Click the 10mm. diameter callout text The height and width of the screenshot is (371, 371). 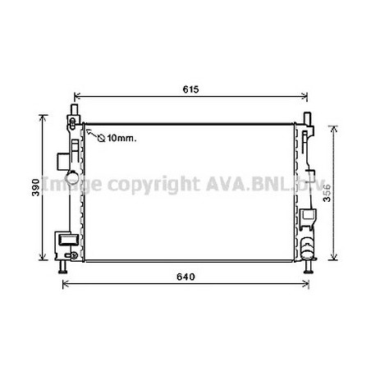pyautogui.click(x=121, y=138)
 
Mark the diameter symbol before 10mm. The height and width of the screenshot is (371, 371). pyautogui.click(x=101, y=138)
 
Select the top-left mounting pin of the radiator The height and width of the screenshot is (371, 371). pyautogui.click(x=75, y=109)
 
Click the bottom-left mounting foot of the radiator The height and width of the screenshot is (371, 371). pyautogui.click(x=63, y=268)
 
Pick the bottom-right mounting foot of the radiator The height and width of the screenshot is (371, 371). pyautogui.click(x=309, y=268)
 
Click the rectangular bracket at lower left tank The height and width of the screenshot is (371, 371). pyautogui.click(x=65, y=240)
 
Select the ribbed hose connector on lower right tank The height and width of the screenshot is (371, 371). pyautogui.click(x=308, y=246)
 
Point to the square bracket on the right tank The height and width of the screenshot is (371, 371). pyautogui.click(x=309, y=218)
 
